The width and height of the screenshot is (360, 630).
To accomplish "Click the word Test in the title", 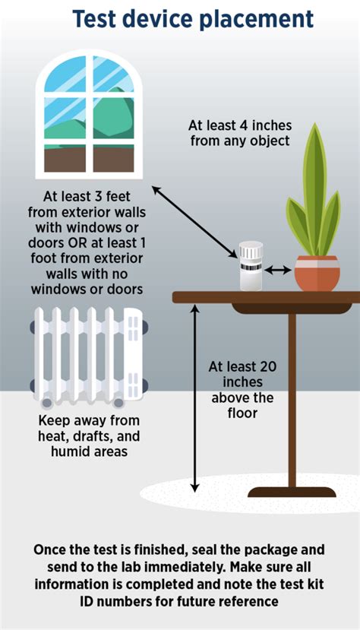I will click(x=99, y=19).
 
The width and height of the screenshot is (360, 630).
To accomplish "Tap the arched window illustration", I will click(x=89, y=114).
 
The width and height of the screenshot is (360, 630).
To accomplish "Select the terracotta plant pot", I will click(x=317, y=273).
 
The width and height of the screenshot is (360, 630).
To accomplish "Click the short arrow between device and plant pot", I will click(x=277, y=269).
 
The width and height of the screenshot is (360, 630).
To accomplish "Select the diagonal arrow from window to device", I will click(x=194, y=221).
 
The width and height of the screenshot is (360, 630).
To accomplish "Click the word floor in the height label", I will click(x=243, y=413).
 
